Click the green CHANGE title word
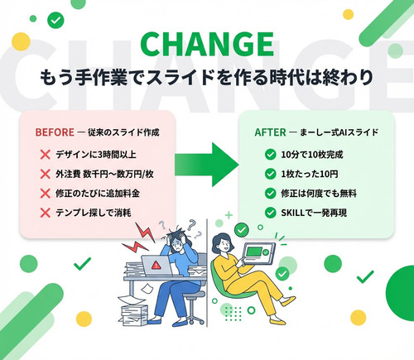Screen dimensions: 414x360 207,44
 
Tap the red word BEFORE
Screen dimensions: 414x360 55,132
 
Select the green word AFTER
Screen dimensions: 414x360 270,132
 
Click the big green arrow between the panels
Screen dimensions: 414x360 207,165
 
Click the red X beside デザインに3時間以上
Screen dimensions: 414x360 45,155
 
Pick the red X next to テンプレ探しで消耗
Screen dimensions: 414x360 45,213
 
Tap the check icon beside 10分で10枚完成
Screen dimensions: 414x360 270,155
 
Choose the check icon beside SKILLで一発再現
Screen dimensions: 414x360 270,213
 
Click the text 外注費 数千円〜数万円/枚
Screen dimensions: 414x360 104,174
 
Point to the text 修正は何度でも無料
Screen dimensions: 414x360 319,194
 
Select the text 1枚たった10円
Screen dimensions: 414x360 310,174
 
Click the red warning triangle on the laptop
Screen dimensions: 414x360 156,266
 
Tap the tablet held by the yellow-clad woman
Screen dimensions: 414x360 258,253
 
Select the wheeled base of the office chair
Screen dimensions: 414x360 193,317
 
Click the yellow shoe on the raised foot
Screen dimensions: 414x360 288,300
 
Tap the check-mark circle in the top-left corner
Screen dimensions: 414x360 55,21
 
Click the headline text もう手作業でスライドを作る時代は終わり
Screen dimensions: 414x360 207,78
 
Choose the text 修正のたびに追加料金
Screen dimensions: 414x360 98,194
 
